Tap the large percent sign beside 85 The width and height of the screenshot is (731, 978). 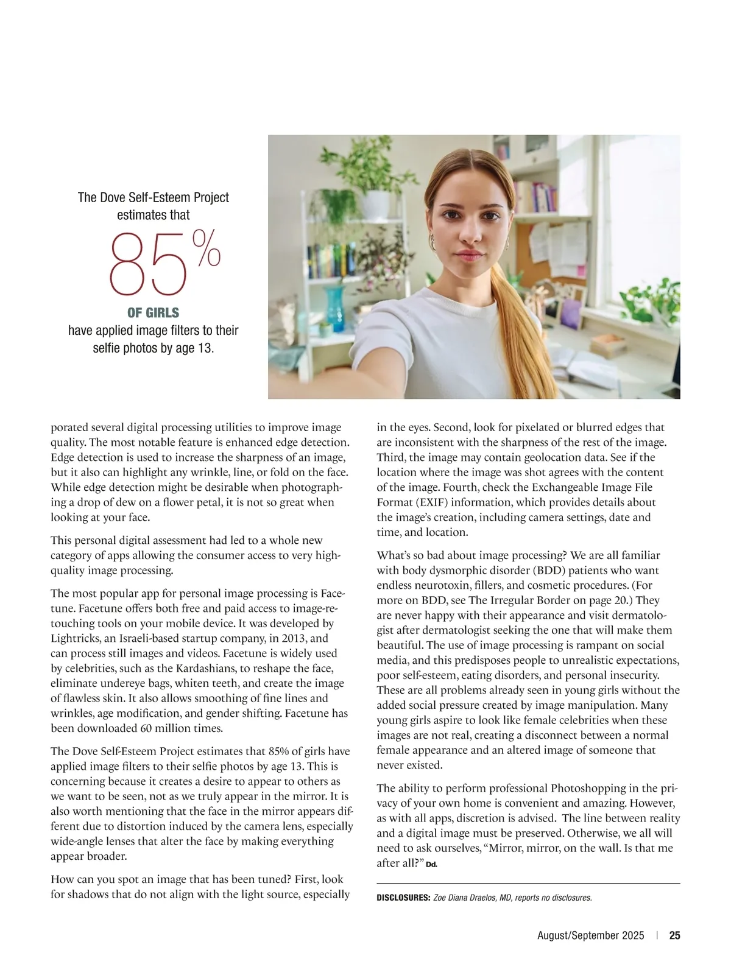pyautogui.click(x=207, y=248)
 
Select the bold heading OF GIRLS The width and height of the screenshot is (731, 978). pyautogui.click(x=153, y=313)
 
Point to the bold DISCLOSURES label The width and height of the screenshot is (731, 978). pyautogui.click(x=403, y=898)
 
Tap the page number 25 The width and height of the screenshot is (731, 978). pyautogui.click(x=675, y=936)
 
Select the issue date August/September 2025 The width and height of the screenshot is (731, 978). pyautogui.click(x=590, y=936)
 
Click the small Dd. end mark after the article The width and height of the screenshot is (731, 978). pyautogui.click(x=431, y=865)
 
